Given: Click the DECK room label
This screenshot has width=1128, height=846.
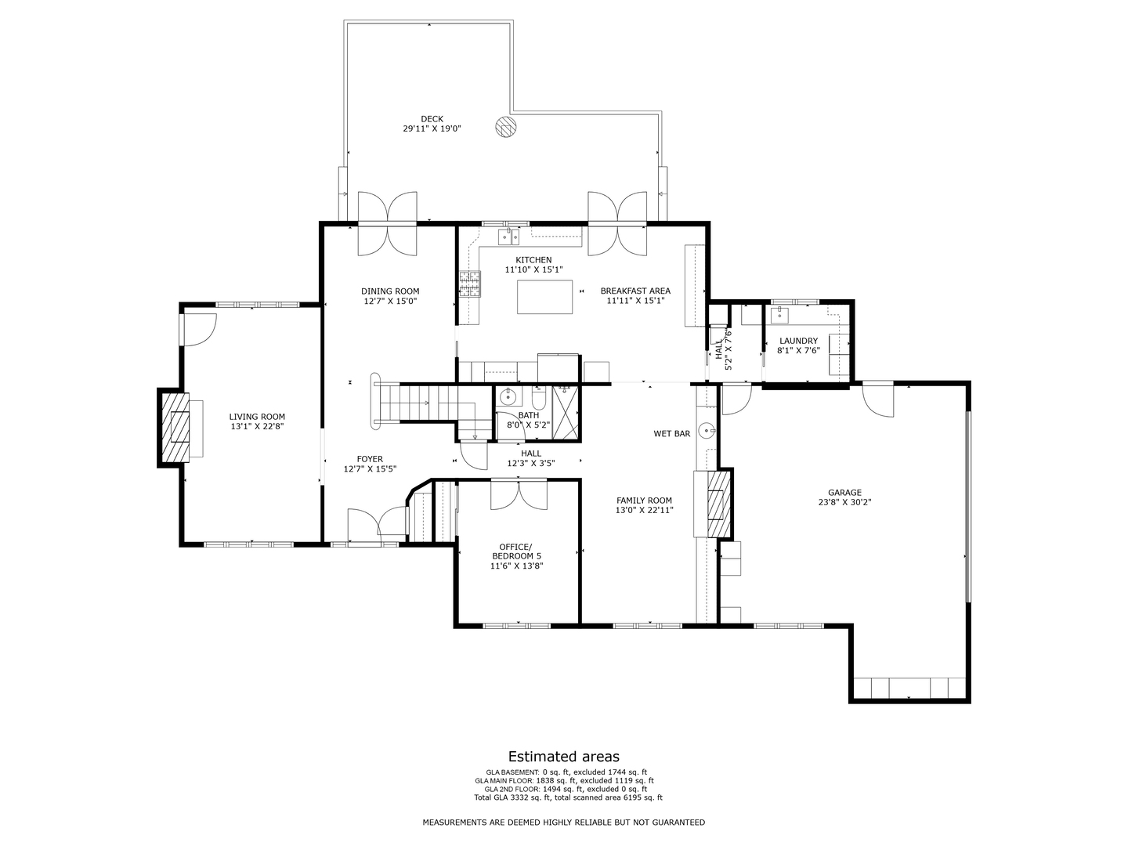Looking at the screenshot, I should click(x=432, y=119).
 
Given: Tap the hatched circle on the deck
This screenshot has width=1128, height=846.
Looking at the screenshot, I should click(x=506, y=127).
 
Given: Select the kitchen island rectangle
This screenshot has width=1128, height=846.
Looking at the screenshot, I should click(x=544, y=296).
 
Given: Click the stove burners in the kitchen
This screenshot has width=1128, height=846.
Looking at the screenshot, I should click(x=470, y=284).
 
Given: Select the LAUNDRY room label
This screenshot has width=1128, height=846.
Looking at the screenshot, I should click(x=798, y=341).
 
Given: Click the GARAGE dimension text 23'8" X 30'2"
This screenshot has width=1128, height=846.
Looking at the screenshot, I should click(x=844, y=502).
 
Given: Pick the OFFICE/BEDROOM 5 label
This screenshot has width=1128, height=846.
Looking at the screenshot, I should click(x=516, y=551).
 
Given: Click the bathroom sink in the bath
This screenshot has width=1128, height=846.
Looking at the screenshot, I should click(x=508, y=396).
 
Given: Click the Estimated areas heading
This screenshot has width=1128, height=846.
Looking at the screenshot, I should click(x=563, y=756).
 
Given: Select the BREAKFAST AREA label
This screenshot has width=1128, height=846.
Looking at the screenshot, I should click(x=635, y=291).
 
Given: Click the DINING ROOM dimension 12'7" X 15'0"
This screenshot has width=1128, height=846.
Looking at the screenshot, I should click(x=390, y=301).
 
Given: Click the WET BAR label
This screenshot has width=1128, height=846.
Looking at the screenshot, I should click(x=672, y=433).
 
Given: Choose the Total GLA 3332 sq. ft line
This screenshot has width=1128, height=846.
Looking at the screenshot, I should click(x=568, y=797).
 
